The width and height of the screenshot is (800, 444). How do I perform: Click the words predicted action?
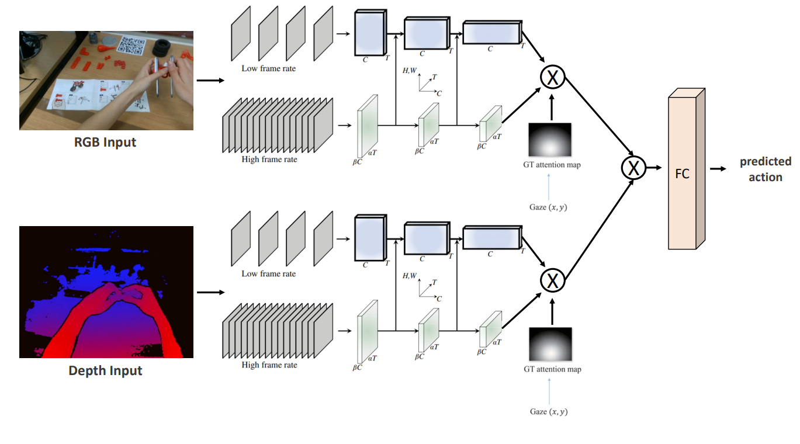coord(765,169)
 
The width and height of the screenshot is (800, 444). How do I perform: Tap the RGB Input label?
coord(105,142)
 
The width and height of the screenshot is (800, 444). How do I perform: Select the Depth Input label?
coord(105,370)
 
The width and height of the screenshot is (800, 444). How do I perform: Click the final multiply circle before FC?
coord(633,168)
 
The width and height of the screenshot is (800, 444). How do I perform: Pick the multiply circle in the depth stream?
coord(552,281)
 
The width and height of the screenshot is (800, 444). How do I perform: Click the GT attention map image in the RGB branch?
coord(550,139)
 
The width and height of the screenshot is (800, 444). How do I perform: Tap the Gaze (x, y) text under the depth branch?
coord(549,411)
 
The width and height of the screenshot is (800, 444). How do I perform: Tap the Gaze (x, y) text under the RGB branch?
coord(549,207)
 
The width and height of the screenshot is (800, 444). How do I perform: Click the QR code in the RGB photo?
coord(132,45)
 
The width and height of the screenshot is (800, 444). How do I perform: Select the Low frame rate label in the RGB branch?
coord(268,68)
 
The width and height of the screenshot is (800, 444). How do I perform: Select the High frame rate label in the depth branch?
coord(269,365)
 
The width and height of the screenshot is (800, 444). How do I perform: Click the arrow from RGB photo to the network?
coord(210,81)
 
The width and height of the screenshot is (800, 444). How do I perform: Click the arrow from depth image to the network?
coord(210,292)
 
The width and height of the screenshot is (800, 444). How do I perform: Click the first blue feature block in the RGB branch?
coord(369,33)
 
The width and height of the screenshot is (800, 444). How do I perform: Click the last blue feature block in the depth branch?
coord(490,237)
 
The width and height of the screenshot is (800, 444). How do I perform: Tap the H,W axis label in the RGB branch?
coord(410,71)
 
